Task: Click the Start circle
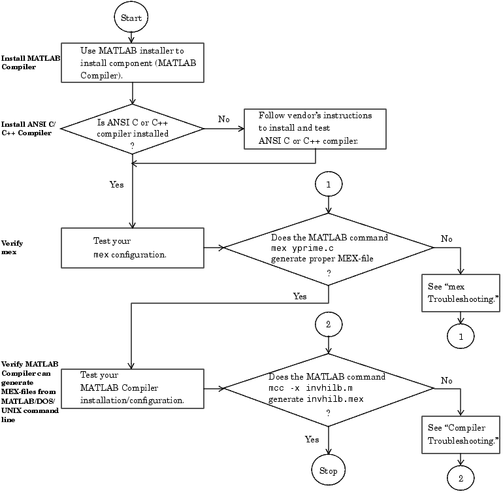[131, 18]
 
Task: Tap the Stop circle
[328, 470]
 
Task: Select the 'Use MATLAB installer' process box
[133, 63]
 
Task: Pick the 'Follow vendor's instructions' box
[314, 127]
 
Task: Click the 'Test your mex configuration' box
[133, 247]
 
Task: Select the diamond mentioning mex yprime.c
[329, 248]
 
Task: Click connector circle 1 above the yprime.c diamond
[328, 185]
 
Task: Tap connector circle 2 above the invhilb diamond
[328, 325]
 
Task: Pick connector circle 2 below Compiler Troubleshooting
[461, 478]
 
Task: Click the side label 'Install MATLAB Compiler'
[31, 62]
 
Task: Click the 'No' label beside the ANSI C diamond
[223, 119]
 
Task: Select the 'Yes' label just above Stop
[312, 439]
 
